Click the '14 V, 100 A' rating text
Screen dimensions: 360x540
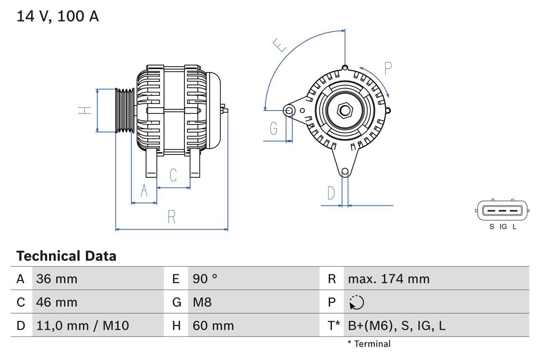pyautogui.click(x=58, y=16)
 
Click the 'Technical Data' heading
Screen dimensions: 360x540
pyautogui.click(x=66, y=256)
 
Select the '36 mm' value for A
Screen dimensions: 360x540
pyautogui.click(x=57, y=279)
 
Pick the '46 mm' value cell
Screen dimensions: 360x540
pyautogui.click(x=57, y=302)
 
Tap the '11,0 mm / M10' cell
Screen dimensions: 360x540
pyautogui.click(x=83, y=325)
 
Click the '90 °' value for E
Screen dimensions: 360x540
pyautogui.click(x=205, y=279)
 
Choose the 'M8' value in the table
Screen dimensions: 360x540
pyautogui.click(x=202, y=302)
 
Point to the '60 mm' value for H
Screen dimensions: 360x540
pyautogui.click(x=213, y=325)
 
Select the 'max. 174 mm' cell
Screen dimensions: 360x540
pyautogui.click(x=389, y=279)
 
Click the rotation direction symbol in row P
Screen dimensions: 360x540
pyautogui.click(x=356, y=302)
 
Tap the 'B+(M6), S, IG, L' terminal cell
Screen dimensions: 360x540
pyautogui.click(x=397, y=325)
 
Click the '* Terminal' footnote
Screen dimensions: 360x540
pyautogui.click(x=369, y=344)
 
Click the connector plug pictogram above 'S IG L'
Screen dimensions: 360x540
pyautogui.click(x=502, y=210)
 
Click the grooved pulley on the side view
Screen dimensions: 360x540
pyautogui.click(x=125, y=111)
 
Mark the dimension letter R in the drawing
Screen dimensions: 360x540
pyautogui.click(x=171, y=217)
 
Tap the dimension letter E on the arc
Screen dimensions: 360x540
pyautogui.click(x=280, y=45)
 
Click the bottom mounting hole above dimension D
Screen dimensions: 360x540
pyautogui.click(x=345, y=171)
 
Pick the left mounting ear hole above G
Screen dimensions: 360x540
pyautogui.click(x=289, y=111)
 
